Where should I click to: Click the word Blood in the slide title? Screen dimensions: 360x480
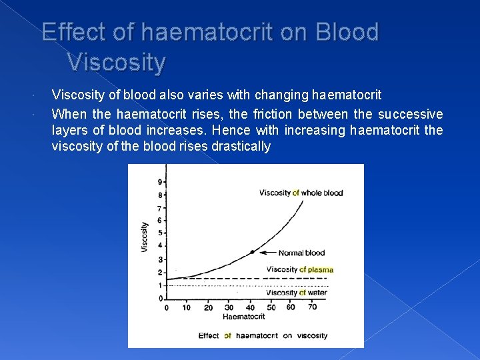(x=349, y=32)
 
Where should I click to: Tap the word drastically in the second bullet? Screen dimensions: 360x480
(x=240, y=147)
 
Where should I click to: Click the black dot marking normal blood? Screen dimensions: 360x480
(x=251, y=252)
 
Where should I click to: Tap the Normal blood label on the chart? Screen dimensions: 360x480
(x=302, y=253)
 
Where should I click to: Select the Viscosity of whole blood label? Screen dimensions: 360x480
(x=301, y=193)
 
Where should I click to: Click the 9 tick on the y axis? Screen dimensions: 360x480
(x=159, y=182)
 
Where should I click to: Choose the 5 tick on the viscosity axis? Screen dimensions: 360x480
(x=159, y=233)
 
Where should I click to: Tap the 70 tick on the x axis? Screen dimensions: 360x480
(x=312, y=307)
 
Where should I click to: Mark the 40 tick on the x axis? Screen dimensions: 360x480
(x=250, y=307)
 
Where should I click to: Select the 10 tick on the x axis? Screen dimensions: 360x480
(x=187, y=307)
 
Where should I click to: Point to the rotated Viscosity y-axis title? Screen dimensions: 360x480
(x=145, y=237)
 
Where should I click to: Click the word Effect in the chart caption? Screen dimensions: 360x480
(x=209, y=335)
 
